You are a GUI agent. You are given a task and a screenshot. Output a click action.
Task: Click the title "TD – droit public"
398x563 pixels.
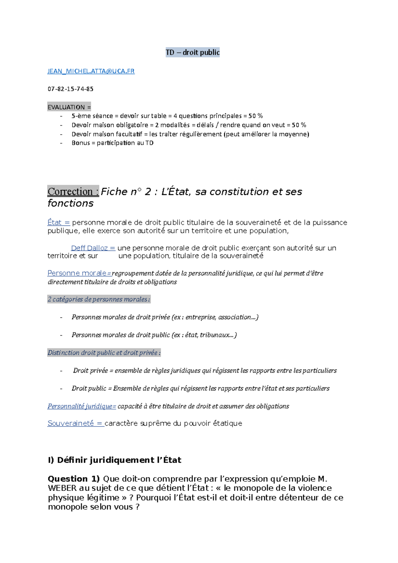point(192,52)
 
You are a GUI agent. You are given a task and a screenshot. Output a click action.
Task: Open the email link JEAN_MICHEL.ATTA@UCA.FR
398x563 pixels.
point(91,71)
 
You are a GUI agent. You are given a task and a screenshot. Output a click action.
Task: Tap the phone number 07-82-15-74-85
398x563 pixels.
point(70,89)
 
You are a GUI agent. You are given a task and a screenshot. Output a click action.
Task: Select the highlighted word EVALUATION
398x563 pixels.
point(66,107)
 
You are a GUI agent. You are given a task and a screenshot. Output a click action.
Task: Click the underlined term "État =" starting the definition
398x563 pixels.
point(58,222)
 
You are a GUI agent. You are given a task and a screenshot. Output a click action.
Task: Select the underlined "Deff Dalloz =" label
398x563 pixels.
point(93,248)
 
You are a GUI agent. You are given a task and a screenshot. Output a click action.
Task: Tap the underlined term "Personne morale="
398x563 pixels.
point(79,273)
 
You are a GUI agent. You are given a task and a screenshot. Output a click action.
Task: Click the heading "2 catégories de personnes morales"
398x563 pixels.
point(99,299)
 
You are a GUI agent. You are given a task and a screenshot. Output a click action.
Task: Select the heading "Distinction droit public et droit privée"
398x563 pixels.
point(104,353)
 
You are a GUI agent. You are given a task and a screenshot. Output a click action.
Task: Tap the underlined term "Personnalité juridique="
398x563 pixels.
point(82,406)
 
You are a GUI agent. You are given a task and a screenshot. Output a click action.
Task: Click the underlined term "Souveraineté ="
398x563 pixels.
point(76,423)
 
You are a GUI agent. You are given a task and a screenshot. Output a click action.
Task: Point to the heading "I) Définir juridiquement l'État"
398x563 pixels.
point(114,460)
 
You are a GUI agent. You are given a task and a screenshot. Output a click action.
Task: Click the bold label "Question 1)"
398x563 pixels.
point(74,479)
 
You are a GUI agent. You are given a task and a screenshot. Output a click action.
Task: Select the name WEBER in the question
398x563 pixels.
point(62,488)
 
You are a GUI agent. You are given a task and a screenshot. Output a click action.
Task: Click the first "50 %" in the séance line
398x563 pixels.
point(255,116)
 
